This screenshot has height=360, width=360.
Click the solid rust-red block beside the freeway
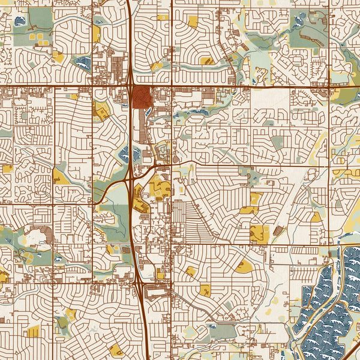(x=142, y=97)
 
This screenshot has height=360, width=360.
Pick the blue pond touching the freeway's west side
(x=124, y=154)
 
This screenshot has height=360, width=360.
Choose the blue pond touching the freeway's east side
(x=137, y=154)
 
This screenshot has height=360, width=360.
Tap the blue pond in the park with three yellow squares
(x=20, y=22)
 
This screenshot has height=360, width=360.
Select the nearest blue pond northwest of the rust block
(x=85, y=62)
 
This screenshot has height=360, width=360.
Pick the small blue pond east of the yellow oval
(x=58, y=259)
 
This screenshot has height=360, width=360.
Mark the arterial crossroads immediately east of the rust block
(x=173, y=87)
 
